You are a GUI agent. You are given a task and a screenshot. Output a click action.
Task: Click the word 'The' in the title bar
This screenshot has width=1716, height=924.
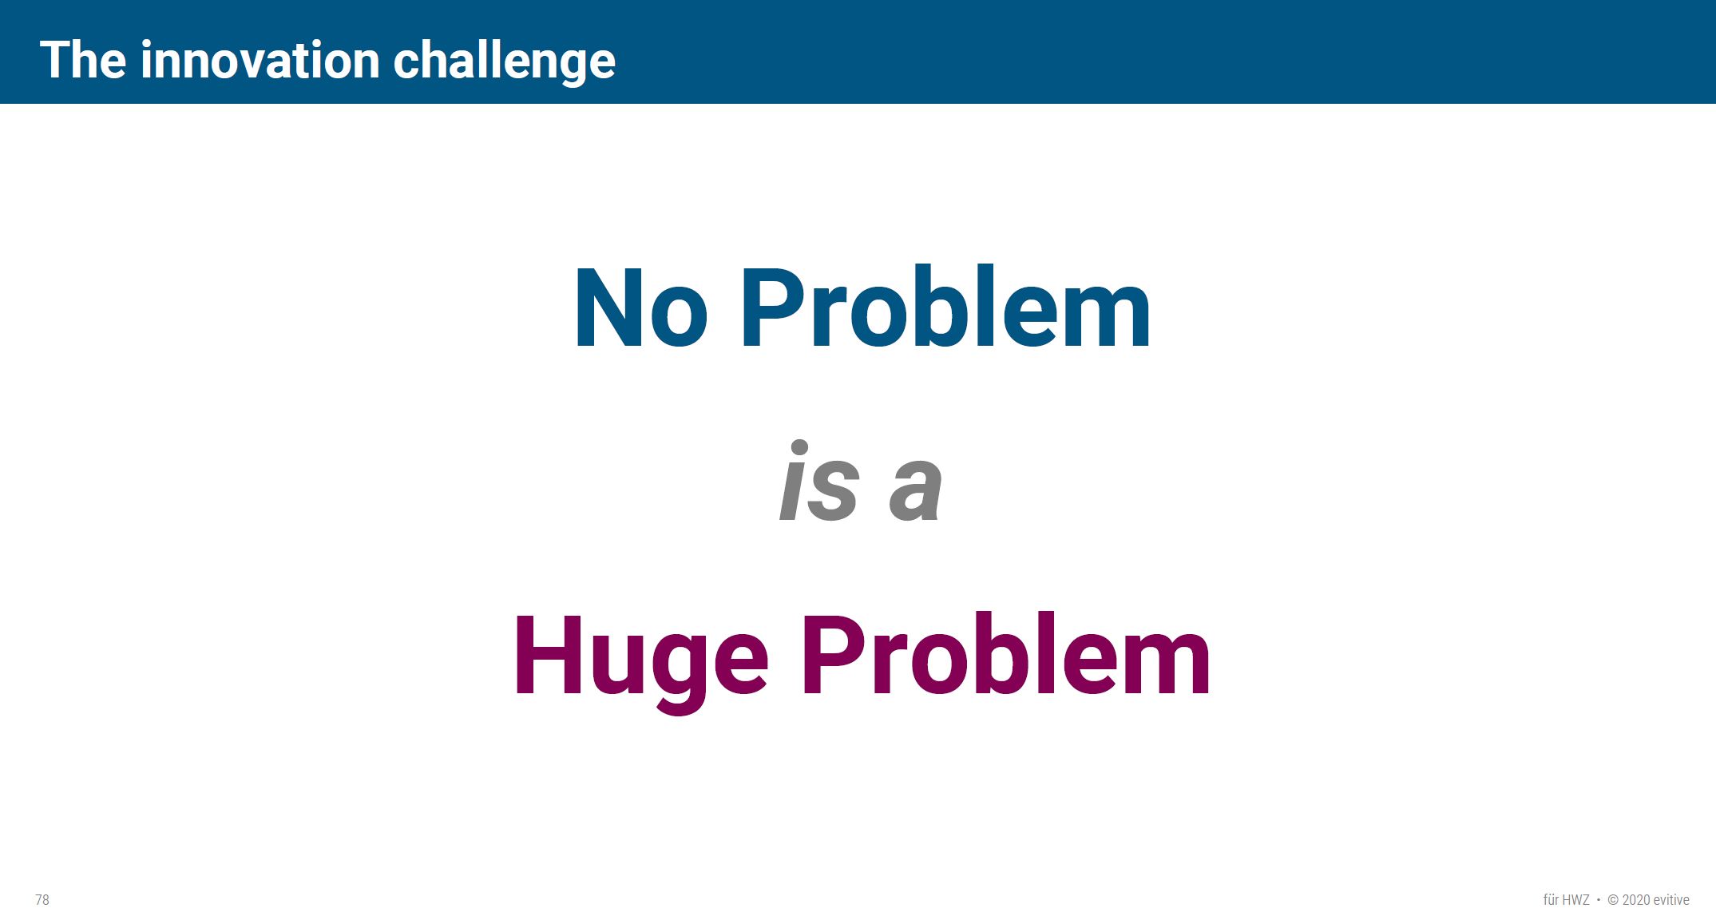point(83,60)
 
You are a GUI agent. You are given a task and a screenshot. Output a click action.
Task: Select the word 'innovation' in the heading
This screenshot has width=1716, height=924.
point(260,60)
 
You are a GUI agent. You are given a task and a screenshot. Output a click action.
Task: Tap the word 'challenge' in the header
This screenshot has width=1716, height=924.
point(505,61)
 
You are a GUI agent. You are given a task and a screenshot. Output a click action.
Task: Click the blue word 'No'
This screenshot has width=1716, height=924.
point(640,307)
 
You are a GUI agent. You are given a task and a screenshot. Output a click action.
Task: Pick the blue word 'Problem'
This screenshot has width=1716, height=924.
point(946,307)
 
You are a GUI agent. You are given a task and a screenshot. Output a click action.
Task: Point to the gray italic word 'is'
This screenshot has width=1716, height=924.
point(819,482)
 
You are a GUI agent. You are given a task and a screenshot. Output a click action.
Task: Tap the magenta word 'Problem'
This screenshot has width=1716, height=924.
point(1006,654)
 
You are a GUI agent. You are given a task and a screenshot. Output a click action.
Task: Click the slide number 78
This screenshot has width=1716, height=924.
point(42,900)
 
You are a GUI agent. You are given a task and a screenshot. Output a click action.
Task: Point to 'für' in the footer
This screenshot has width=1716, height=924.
point(1551,900)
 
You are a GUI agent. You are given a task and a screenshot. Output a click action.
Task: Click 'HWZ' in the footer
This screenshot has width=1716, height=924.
point(1576,900)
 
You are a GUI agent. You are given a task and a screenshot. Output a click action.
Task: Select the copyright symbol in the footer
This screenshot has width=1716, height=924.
point(1613,900)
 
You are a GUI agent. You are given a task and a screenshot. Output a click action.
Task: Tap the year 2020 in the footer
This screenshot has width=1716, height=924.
point(1636,900)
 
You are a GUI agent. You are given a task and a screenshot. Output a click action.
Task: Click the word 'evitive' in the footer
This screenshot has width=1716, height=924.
point(1671,900)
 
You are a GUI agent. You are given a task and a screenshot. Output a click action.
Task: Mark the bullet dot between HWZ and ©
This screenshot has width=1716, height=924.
point(1599,900)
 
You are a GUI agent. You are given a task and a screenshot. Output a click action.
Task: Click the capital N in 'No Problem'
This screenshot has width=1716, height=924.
point(609,307)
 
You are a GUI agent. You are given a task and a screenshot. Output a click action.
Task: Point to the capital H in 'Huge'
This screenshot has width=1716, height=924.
point(548,654)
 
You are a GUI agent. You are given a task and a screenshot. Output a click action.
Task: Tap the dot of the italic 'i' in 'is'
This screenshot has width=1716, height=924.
point(799,447)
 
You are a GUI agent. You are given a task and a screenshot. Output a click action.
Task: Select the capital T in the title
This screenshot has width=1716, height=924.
point(57,60)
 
